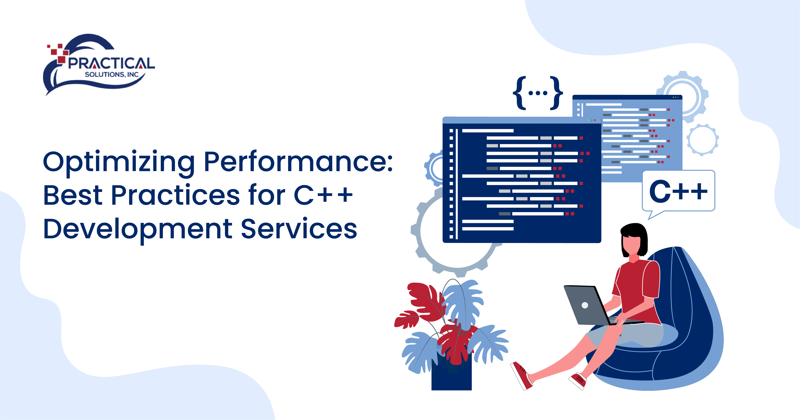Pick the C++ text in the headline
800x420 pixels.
click(x=323, y=196)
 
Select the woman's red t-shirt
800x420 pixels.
click(x=637, y=286)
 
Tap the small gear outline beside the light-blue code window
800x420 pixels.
click(x=702, y=140)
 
